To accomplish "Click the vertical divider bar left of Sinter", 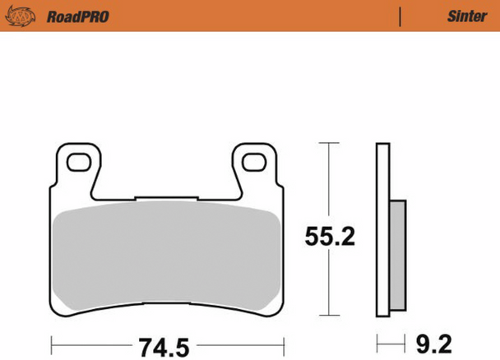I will (x=400, y=16).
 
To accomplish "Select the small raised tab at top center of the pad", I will (x=167, y=197).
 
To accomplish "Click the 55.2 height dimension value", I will (x=330, y=238).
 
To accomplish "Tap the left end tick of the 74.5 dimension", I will (x=52, y=341).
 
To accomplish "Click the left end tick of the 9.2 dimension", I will (x=377, y=341).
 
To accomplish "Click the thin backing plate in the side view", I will (x=382, y=230).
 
